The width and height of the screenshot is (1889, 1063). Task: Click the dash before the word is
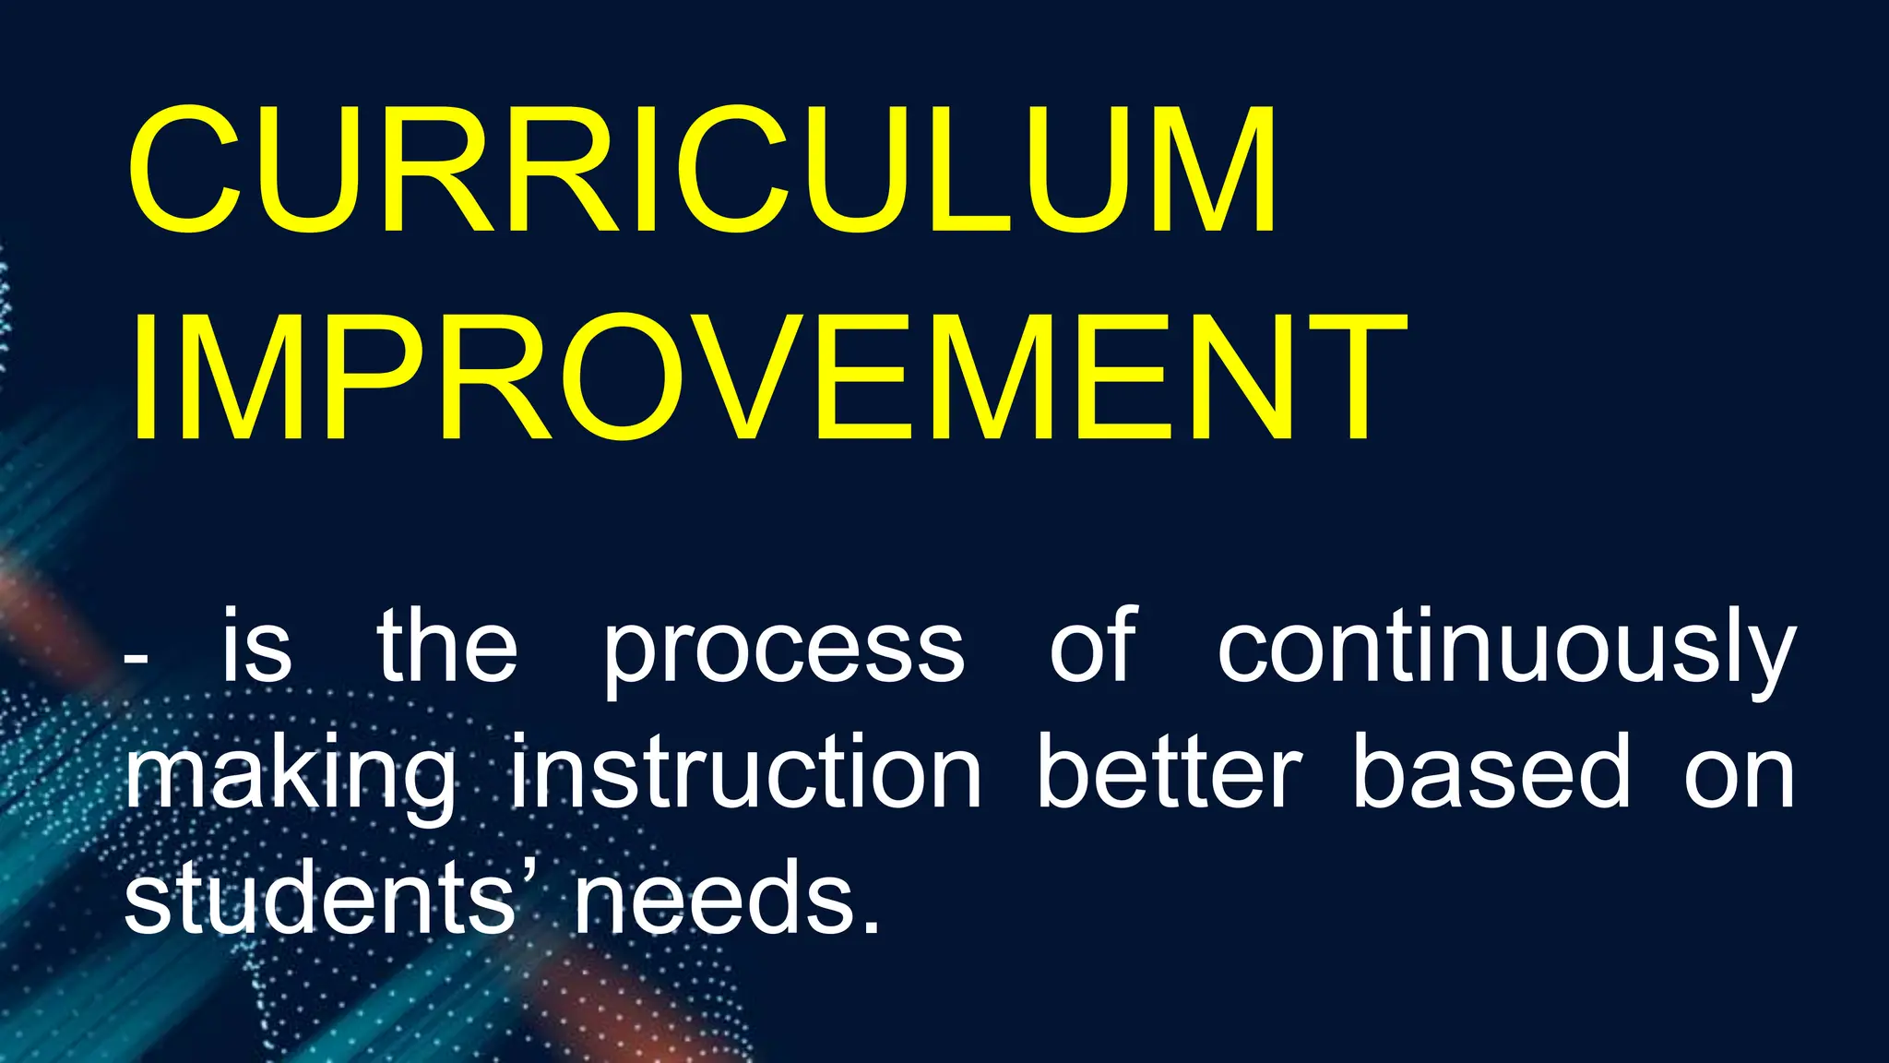click(x=136, y=659)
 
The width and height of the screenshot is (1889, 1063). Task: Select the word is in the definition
click(x=256, y=646)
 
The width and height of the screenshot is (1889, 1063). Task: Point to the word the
click(x=447, y=646)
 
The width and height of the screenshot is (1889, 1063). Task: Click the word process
click(x=783, y=651)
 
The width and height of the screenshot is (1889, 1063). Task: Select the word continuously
click(x=1506, y=651)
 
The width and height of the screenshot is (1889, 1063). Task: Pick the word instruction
click(x=746, y=771)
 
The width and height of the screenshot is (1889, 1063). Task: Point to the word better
click(x=1169, y=771)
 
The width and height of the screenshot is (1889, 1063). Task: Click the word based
click(x=1491, y=771)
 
